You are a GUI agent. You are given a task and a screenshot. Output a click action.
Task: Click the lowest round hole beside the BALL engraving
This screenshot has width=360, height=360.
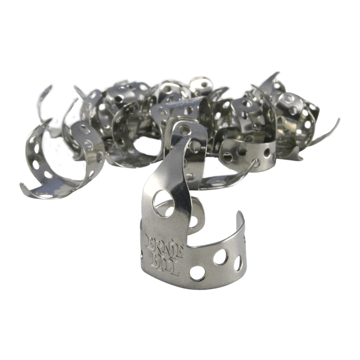pos(198,273)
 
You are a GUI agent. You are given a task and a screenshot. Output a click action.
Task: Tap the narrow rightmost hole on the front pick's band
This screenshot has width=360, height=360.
pos(238,263)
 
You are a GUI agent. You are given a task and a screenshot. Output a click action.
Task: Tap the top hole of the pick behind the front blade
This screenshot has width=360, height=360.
pos(184,130)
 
